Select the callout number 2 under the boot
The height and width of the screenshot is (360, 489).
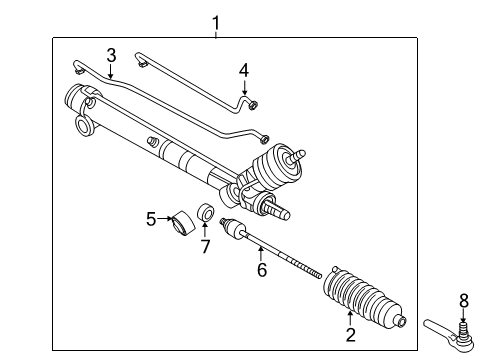[350, 336]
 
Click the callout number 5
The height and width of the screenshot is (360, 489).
[151, 217]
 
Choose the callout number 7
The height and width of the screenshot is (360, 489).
[205, 245]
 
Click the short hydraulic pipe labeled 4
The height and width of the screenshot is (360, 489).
[200, 79]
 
